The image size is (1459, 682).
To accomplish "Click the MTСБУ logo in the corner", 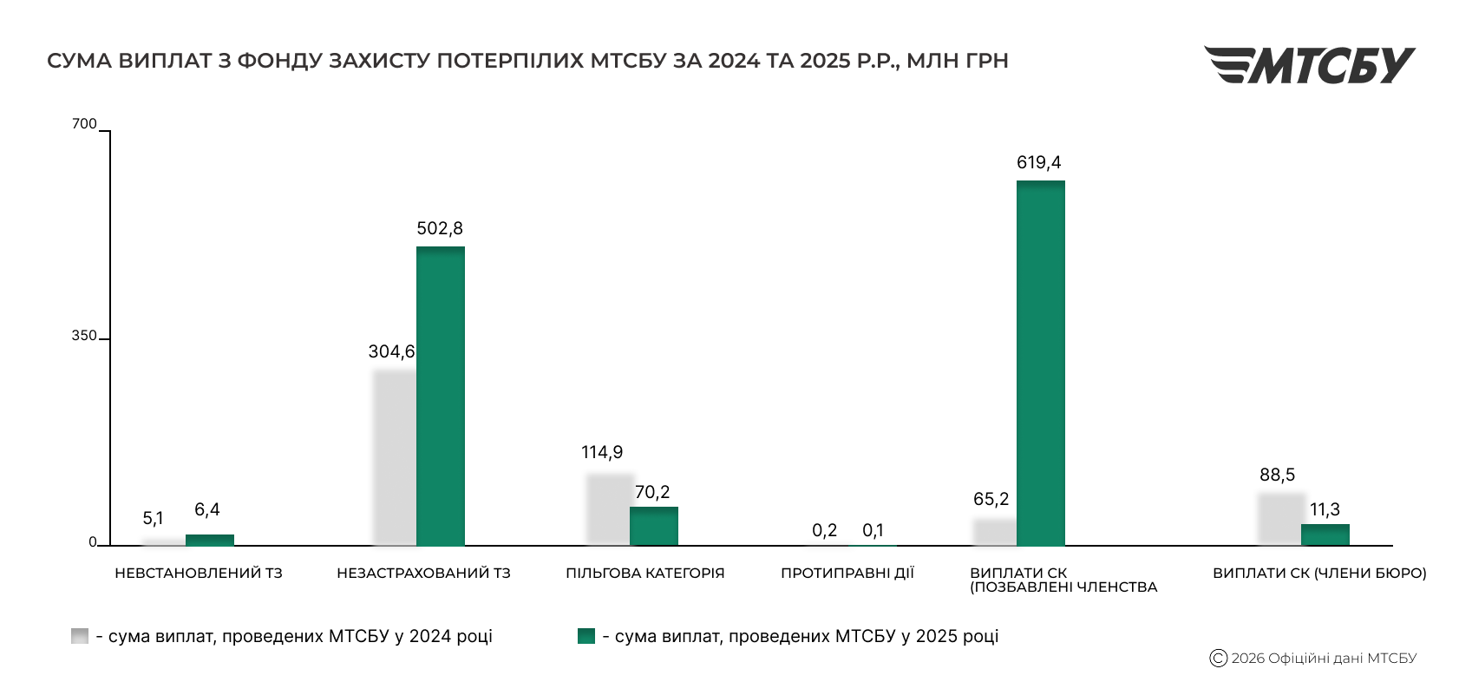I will tap(1309, 65).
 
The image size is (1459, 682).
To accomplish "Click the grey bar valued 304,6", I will tap(395, 457).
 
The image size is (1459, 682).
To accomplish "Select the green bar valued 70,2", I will tap(653, 526).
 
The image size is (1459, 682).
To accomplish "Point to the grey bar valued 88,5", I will tap(1279, 519).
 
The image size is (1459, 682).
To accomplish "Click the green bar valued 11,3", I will tap(1325, 534).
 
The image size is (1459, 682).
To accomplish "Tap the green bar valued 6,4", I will tap(209, 540).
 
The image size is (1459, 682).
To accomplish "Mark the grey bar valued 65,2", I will tap(994, 532).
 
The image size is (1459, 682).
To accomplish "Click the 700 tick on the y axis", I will tap(84, 124).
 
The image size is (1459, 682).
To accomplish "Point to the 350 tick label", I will tap(84, 337).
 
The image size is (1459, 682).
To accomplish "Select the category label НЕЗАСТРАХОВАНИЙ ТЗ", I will tap(423, 574).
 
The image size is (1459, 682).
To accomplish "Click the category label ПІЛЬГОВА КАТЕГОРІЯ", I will tap(644, 574).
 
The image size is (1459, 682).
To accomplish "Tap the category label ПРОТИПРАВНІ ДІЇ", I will tap(847, 574).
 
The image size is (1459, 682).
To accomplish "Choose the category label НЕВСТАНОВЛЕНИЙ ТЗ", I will tap(199, 574).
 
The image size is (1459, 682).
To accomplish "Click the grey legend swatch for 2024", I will tap(80, 636).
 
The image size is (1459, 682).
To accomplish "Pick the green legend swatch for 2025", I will tap(586, 636).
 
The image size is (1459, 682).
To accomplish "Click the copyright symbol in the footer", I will tap(1218, 659).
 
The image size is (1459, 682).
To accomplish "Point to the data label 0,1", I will tap(873, 530).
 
